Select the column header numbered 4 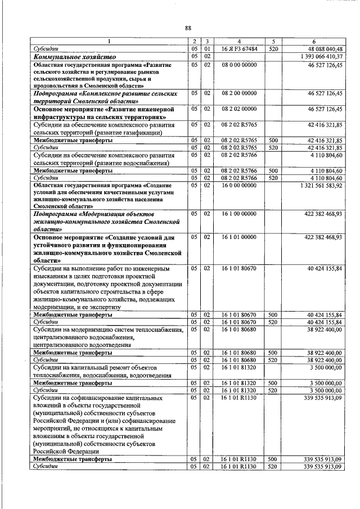tap(239, 42)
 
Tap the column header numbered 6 tap(312, 42)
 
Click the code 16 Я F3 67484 tap(239, 49)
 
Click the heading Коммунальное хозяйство tap(74, 57)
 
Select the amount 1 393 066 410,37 tap(318, 57)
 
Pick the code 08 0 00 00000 tap(239, 65)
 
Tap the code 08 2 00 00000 tap(239, 93)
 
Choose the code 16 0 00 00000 tap(239, 185)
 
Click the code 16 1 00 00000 tap(239, 214)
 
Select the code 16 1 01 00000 tap(239, 237)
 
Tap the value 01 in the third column tap(207, 49)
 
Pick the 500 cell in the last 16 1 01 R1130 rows tap(273, 459)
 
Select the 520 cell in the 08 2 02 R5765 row tap(273, 147)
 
